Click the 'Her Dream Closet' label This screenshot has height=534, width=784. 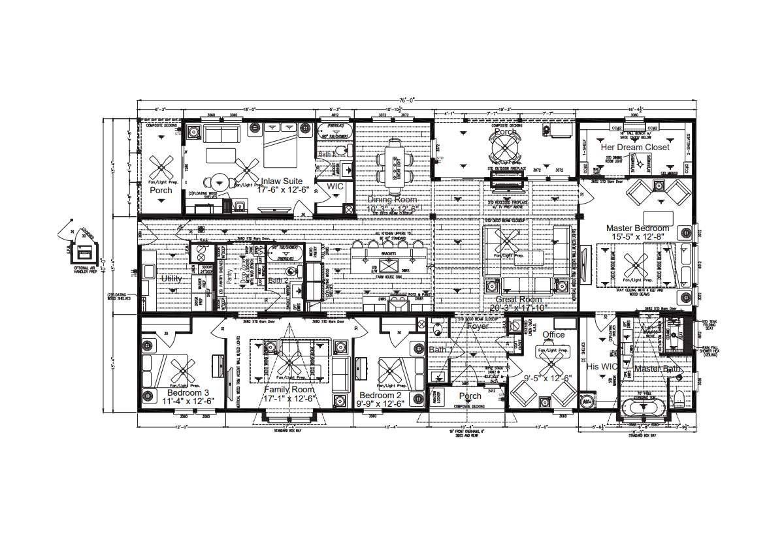(x=635, y=148)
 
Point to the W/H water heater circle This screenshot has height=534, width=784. (x=587, y=401)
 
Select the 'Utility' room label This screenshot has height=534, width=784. (x=171, y=279)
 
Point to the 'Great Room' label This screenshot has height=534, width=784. (x=516, y=300)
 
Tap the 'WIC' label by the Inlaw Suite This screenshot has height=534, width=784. (x=335, y=186)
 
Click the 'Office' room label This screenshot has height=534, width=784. (x=553, y=335)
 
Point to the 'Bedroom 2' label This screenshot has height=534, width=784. (x=380, y=396)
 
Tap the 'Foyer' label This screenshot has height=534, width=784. (x=477, y=326)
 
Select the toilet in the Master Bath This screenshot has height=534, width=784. (x=679, y=399)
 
